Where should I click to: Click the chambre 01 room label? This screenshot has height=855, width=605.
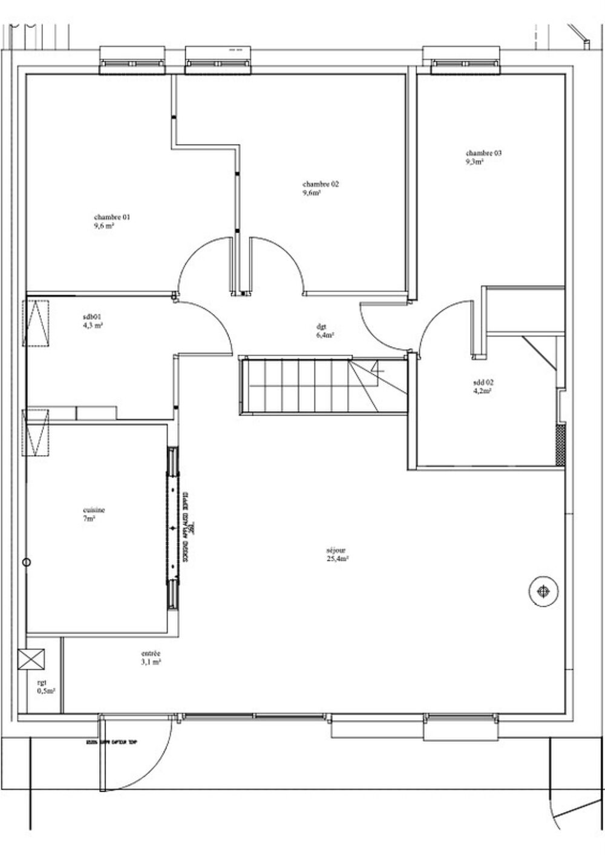click(x=111, y=217)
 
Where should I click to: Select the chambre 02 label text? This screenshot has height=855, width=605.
click(x=321, y=184)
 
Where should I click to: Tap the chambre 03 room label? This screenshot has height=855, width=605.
click(x=483, y=153)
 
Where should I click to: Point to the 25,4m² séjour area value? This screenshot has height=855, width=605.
click(x=336, y=559)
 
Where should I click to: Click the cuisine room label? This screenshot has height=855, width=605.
click(x=94, y=510)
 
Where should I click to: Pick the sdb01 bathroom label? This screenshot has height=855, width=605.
click(x=93, y=316)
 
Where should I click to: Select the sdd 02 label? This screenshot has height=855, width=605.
click(x=483, y=382)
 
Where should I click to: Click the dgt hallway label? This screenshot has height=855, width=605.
click(x=321, y=326)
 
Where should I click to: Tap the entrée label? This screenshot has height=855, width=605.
click(x=151, y=654)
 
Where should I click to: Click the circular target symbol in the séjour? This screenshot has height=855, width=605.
click(x=543, y=590)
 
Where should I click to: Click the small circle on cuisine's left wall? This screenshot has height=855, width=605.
click(x=25, y=563)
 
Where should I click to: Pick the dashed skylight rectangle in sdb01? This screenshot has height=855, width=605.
click(x=37, y=323)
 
